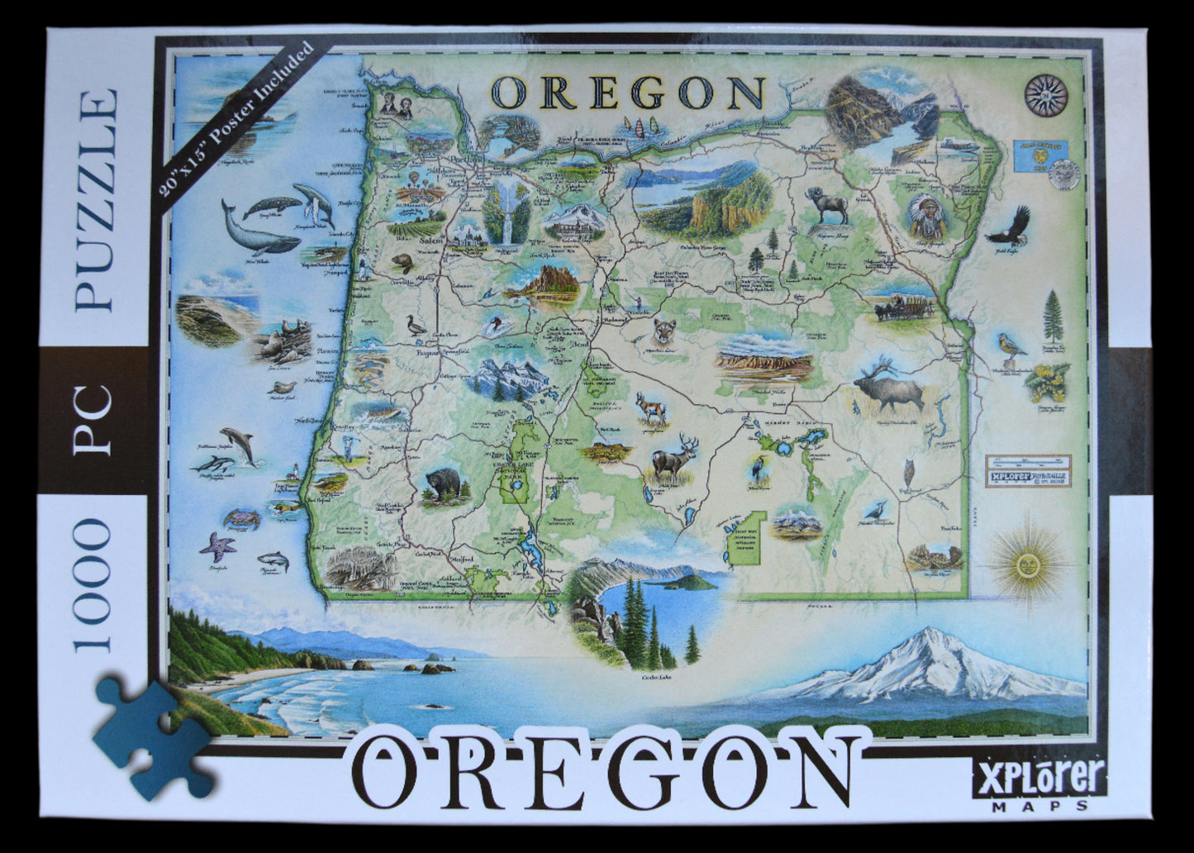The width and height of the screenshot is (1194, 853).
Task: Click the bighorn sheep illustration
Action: (x=827, y=204)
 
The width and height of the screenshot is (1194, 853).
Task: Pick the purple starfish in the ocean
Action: (x=218, y=546)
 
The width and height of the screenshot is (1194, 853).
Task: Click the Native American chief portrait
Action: (x=925, y=217)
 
